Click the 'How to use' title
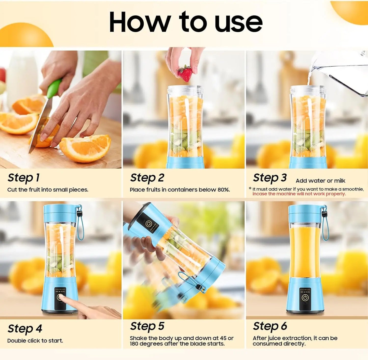[185, 22]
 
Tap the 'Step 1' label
[24, 178]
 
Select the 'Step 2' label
[147, 178]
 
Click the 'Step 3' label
[270, 178]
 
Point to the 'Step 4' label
[25, 329]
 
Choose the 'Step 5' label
[147, 326]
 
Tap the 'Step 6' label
[270, 326]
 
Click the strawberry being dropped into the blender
[185, 73]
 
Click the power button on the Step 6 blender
[305, 298]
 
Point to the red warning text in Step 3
[299, 194]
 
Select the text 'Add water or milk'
[320, 181]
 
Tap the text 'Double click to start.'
[35, 341]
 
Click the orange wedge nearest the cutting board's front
[85, 148]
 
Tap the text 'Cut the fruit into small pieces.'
[48, 190]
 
